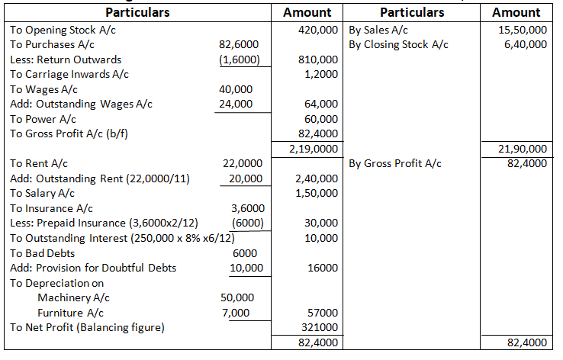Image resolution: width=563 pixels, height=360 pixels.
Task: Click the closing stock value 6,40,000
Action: (526, 45)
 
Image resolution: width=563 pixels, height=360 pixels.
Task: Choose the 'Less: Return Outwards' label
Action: (66, 59)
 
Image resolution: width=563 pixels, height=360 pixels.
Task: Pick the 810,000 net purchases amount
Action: (321, 59)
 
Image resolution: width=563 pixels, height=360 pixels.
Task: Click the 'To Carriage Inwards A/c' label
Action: (69, 74)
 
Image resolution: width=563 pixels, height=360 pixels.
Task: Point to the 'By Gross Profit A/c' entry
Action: (395, 163)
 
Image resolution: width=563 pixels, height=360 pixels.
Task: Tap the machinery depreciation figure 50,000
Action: (236, 297)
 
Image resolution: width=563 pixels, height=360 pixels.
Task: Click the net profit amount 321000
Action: (320, 327)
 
